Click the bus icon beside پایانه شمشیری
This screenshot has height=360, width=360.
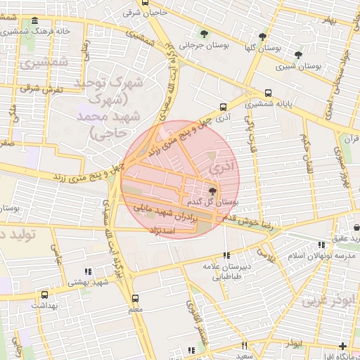[x=268, y=94]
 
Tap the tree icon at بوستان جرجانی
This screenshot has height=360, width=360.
[x=204, y=34]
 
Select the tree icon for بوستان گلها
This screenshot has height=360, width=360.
[x=262, y=37]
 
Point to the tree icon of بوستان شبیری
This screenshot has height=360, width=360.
[x=298, y=54]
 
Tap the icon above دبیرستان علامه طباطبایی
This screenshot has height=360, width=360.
[x=226, y=256]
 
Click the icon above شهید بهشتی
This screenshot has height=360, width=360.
[x=88, y=271]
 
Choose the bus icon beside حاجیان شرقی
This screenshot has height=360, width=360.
[x=145, y=3]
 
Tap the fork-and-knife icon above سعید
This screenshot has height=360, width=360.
[x=244, y=345]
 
